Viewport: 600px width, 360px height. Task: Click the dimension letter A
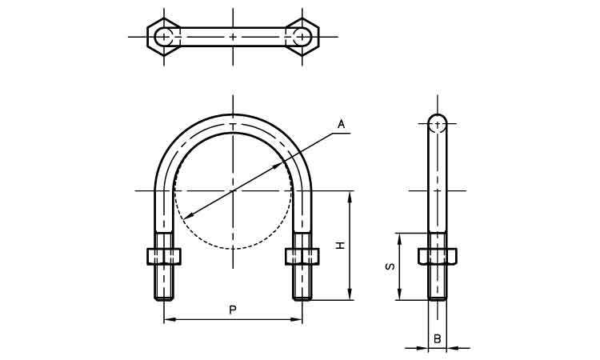(x=341, y=124)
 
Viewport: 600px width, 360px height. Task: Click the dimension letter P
(x=232, y=310)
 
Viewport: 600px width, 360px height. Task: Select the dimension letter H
(x=340, y=246)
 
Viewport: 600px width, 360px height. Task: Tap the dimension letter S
(x=390, y=266)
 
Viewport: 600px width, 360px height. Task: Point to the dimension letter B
(x=438, y=338)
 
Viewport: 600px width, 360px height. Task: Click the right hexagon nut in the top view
(x=302, y=37)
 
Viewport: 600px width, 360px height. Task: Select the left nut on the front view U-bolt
(x=164, y=256)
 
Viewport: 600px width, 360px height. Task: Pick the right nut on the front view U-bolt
(x=302, y=256)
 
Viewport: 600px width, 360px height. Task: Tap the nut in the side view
(x=438, y=256)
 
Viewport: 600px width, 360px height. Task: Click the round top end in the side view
(x=437, y=123)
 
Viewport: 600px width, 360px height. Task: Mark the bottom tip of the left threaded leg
(x=164, y=300)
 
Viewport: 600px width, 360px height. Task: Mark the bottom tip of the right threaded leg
(x=302, y=300)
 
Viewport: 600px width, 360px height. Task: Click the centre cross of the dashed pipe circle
(x=233, y=190)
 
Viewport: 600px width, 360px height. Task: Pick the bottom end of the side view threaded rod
(x=437, y=299)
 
